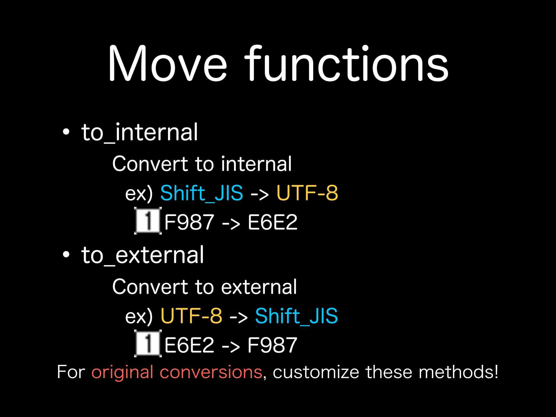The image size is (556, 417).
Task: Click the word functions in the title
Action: pos(346,64)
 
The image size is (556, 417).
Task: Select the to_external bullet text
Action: pos(142,255)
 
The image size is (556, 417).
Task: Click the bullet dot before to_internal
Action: pos(66,132)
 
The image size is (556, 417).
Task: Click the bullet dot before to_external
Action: pos(66,255)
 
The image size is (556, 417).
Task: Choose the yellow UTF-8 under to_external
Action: pos(191,316)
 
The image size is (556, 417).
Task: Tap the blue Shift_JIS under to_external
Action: pos(296,316)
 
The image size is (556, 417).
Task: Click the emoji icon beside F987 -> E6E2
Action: pos(148,221)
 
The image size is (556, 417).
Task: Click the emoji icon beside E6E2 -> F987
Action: pos(148,343)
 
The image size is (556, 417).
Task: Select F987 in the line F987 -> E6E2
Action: pos(189,222)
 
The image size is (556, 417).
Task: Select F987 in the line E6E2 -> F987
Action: pos(272,345)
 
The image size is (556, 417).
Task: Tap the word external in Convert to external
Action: pos(259,287)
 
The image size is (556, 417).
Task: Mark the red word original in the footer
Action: pos(122,372)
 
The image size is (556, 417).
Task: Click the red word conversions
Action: pos(211,372)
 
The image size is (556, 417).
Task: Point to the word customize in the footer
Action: pos(316,372)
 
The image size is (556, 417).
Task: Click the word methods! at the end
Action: pos(459,372)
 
